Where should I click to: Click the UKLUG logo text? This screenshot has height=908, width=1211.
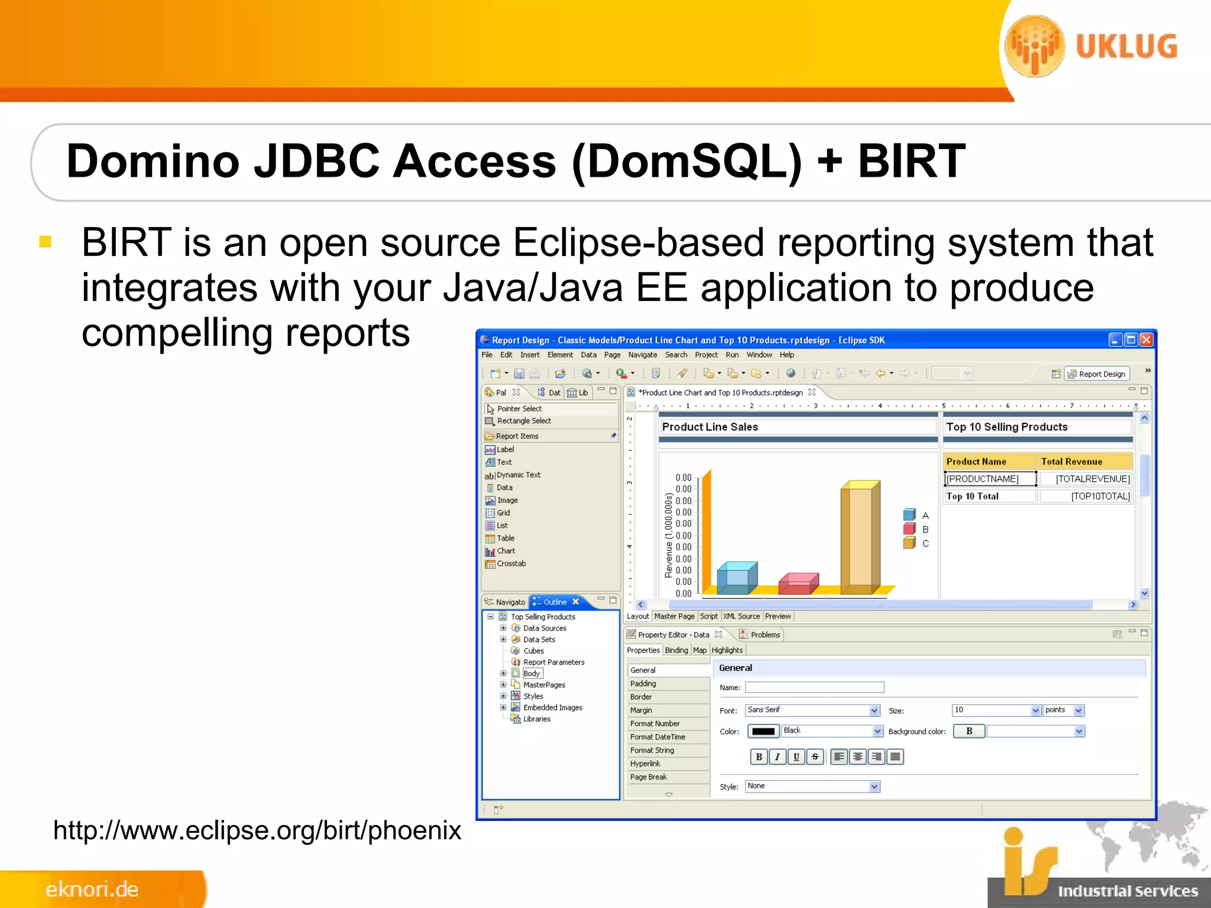pyautogui.click(x=1126, y=47)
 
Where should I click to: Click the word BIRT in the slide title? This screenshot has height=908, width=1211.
pyautogui.click(x=911, y=161)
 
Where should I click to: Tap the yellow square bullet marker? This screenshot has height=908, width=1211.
pyautogui.click(x=46, y=242)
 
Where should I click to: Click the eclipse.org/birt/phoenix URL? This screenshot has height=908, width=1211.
pyautogui.click(x=257, y=831)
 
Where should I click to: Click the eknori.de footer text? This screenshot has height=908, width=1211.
pyautogui.click(x=92, y=889)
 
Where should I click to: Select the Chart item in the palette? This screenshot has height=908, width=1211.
pyautogui.click(x=505, y=551)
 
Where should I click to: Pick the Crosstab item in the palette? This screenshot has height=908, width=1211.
pyautogui.click(x=510, y=564)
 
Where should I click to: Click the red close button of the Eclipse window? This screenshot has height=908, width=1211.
pyautogui.click(x=1146, y=340)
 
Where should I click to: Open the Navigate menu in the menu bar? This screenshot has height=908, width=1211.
pyautogui.click(x=642, y=355)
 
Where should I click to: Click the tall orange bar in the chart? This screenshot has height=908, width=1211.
pyautogui.click(x=860, y=538)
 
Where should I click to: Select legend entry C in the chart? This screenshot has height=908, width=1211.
pyautogui.click(x=925, y=543)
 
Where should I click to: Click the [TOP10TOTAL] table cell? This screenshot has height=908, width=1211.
pyautogui.click(x=1099, y=497)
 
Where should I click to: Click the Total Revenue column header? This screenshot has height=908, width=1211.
pyautogui.click(x=1071, y=462)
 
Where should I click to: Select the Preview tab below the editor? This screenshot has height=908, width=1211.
pyautogui.click(x=777, y=617)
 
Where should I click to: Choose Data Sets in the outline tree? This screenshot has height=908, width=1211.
pyautogui.click(x=539, y=640)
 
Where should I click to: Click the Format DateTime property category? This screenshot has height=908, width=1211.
pyautogui.click(x=657, y=737)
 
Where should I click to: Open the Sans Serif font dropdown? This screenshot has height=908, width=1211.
pyautogui.click(x=874, y=711)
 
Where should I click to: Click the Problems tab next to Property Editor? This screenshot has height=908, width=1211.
pyautogui.click(x=765, y=635)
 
